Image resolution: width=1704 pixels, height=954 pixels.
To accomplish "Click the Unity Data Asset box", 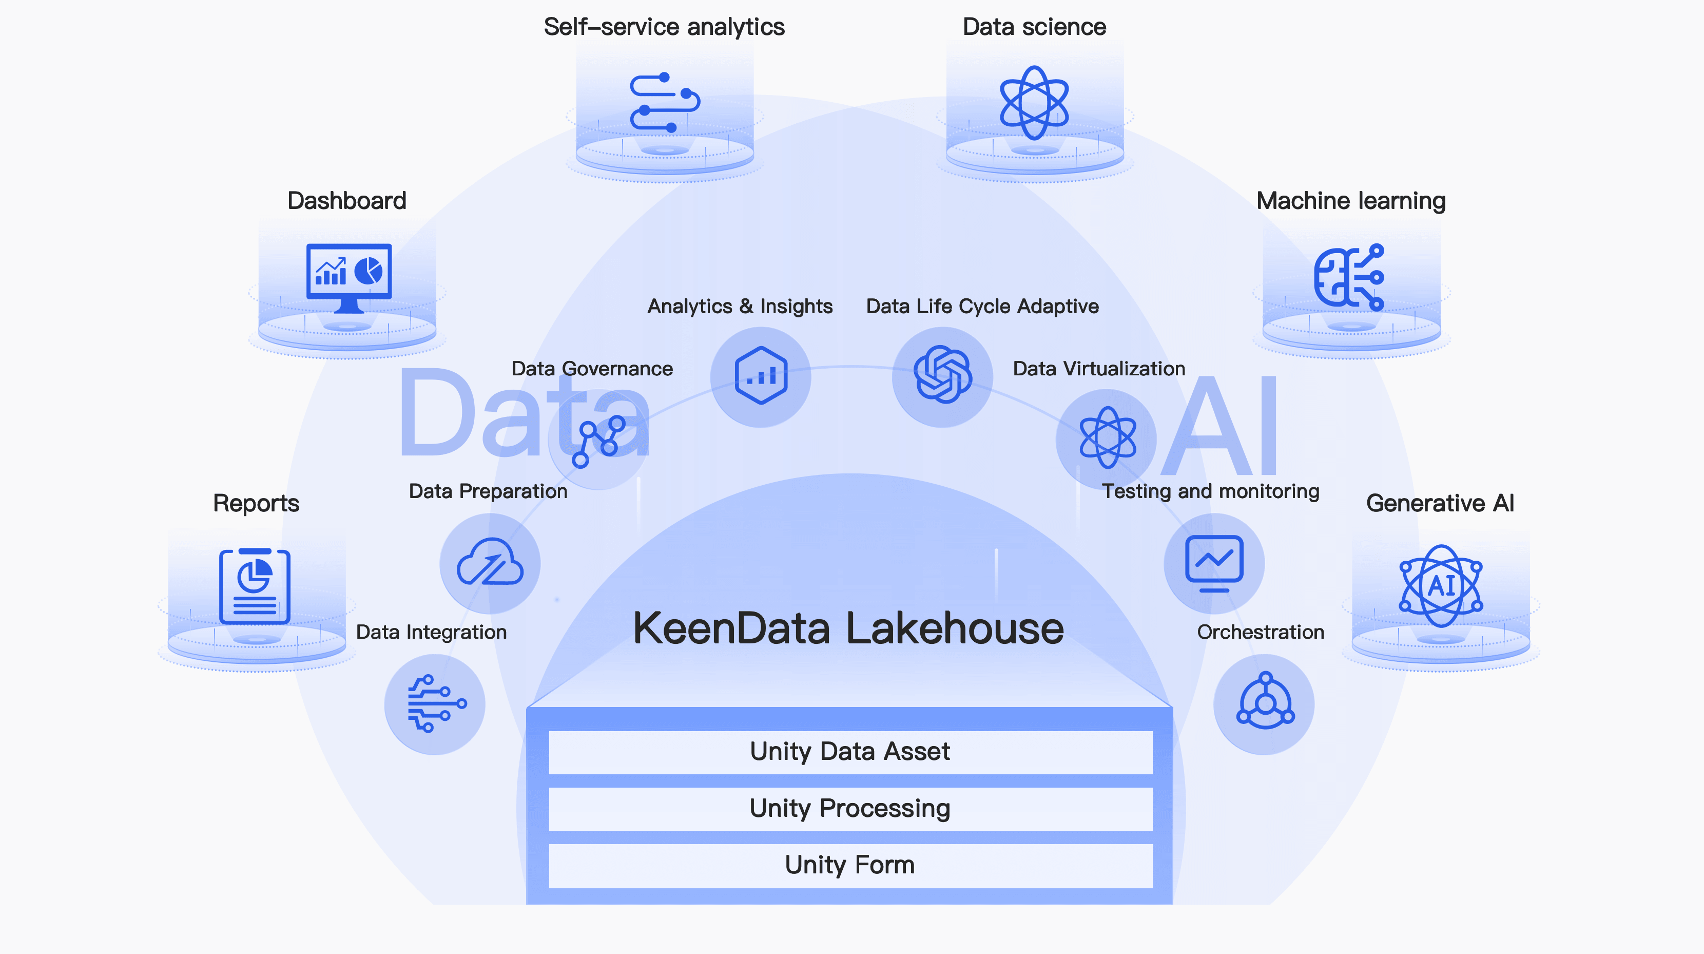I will (x=850, y=752).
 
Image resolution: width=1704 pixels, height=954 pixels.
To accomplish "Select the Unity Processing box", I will (x=850, y=809).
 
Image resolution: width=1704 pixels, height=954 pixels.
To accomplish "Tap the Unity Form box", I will (x=850, y=865).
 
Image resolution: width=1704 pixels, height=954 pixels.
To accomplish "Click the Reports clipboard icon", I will (x=255, y=587).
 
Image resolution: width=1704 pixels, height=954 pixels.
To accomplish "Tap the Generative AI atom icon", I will (x=1441, y=586).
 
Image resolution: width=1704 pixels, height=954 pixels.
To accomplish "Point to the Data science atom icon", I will (x=1034, y=103).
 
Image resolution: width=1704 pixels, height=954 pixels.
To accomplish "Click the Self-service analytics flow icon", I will (x=664, y=103).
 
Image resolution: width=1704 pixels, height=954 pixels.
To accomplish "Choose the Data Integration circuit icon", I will (x=435, y=704).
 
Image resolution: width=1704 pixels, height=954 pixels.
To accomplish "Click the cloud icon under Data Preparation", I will (x=490, y=563).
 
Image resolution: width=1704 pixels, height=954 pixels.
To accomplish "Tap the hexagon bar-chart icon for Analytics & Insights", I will (x=761, y=376).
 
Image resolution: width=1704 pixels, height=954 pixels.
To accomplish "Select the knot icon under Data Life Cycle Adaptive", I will (x=943, y=375).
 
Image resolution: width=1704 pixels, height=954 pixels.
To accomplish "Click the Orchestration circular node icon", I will (x=1265, y=702).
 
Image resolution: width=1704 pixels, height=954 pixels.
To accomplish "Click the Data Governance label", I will (x=592, y=369).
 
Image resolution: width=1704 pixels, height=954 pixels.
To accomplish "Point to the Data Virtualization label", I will (x=1099, y=369).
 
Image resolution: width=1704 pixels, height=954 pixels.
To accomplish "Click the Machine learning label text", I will (x=1351, y=200).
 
